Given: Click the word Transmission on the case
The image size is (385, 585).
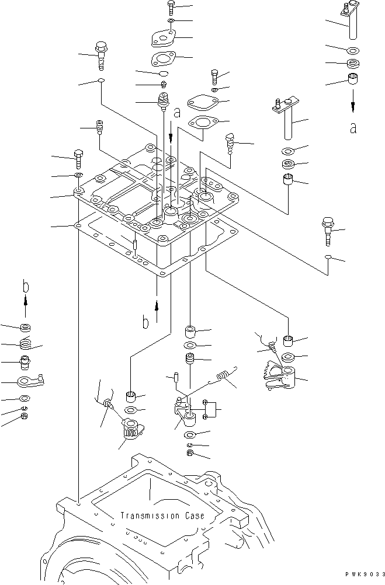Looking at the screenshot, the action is click(x=150, y=516).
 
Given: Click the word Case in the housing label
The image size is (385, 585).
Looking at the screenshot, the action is click(x=195, y=516).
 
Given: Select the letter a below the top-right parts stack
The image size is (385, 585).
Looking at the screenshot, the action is click(x=353, y=128).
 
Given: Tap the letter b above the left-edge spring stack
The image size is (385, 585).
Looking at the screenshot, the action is click(x=25, y=286).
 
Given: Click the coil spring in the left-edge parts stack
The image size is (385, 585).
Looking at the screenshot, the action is click(x=25, y=343).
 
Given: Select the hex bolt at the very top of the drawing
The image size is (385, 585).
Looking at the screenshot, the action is click(x=171, y=8).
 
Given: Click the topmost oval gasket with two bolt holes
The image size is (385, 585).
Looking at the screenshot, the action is click(x=162, y=39).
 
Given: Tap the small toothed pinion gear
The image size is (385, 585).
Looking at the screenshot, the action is click(x=133, y=429).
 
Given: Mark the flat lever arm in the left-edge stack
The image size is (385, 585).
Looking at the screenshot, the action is click(x=30, y=380).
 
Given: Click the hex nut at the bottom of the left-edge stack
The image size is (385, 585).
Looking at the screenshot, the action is click(x=25, y=416).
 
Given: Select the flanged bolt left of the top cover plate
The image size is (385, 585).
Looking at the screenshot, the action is click(x=100, y=55).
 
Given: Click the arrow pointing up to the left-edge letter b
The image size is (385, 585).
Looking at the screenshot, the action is click(x=25, y=307).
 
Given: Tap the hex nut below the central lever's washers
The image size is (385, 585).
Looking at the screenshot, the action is click(x=189, y=453).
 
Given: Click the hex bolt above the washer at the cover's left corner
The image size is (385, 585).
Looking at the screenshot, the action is click(x=79, y=159).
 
